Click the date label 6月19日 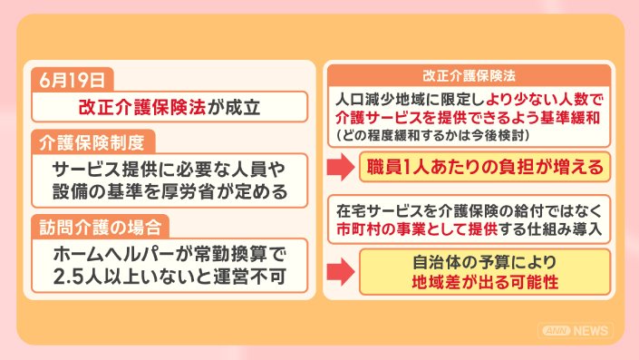72,80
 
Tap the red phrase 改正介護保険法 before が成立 142,107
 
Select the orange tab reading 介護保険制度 92,142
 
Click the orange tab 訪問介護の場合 101,227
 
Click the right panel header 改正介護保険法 470,76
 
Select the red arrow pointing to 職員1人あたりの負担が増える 341,167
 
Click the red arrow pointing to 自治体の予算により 341,271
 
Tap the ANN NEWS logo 576,331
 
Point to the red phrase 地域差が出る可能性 485,282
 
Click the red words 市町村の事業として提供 417,229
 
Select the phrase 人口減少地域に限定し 411,100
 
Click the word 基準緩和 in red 570,118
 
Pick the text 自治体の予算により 485,263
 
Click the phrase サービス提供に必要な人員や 169,170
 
